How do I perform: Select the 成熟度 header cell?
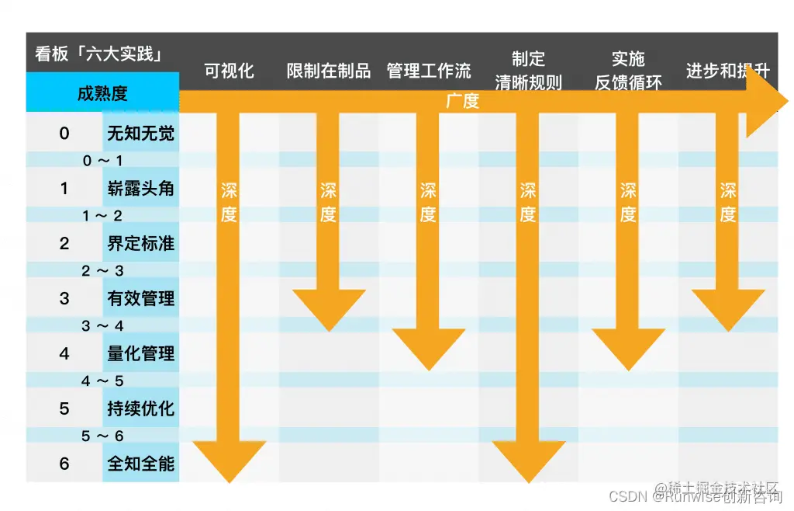pyautogui.click(x=102, y=94)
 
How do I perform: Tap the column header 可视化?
pyautogui.click(x=229, y=71)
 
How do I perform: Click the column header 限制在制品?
pyautogui.click(x=329, y=71)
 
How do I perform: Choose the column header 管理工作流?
pyautogui.click(x=429, y=71)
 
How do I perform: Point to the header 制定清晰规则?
pyautogui.click(x=528, y=70)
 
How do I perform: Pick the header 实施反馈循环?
pyautogui.click(x=628, y=70)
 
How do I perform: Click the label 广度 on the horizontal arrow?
pyautogui.click(x=462, y=101)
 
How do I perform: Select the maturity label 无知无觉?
pyautogui.click(x=140, y=134)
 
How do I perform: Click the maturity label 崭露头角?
pyautogui.click(x=140, y=189)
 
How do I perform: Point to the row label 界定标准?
pyautogui.click(x=140, y=244)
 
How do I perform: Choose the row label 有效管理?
pyautogui.click(x=140, y=298)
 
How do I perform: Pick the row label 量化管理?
pyautogui.click(x=140, y=353)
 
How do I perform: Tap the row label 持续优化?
pyautogui.click(x=140, y=408)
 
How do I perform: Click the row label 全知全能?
pyautogui.click(x=140, y=464)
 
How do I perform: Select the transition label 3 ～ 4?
pyautogui.click(x=102, y=326)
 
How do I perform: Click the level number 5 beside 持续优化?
pyautogui.click(x=64, y=408)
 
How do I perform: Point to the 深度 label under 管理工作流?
pyautogui.click(x=429, y=202)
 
